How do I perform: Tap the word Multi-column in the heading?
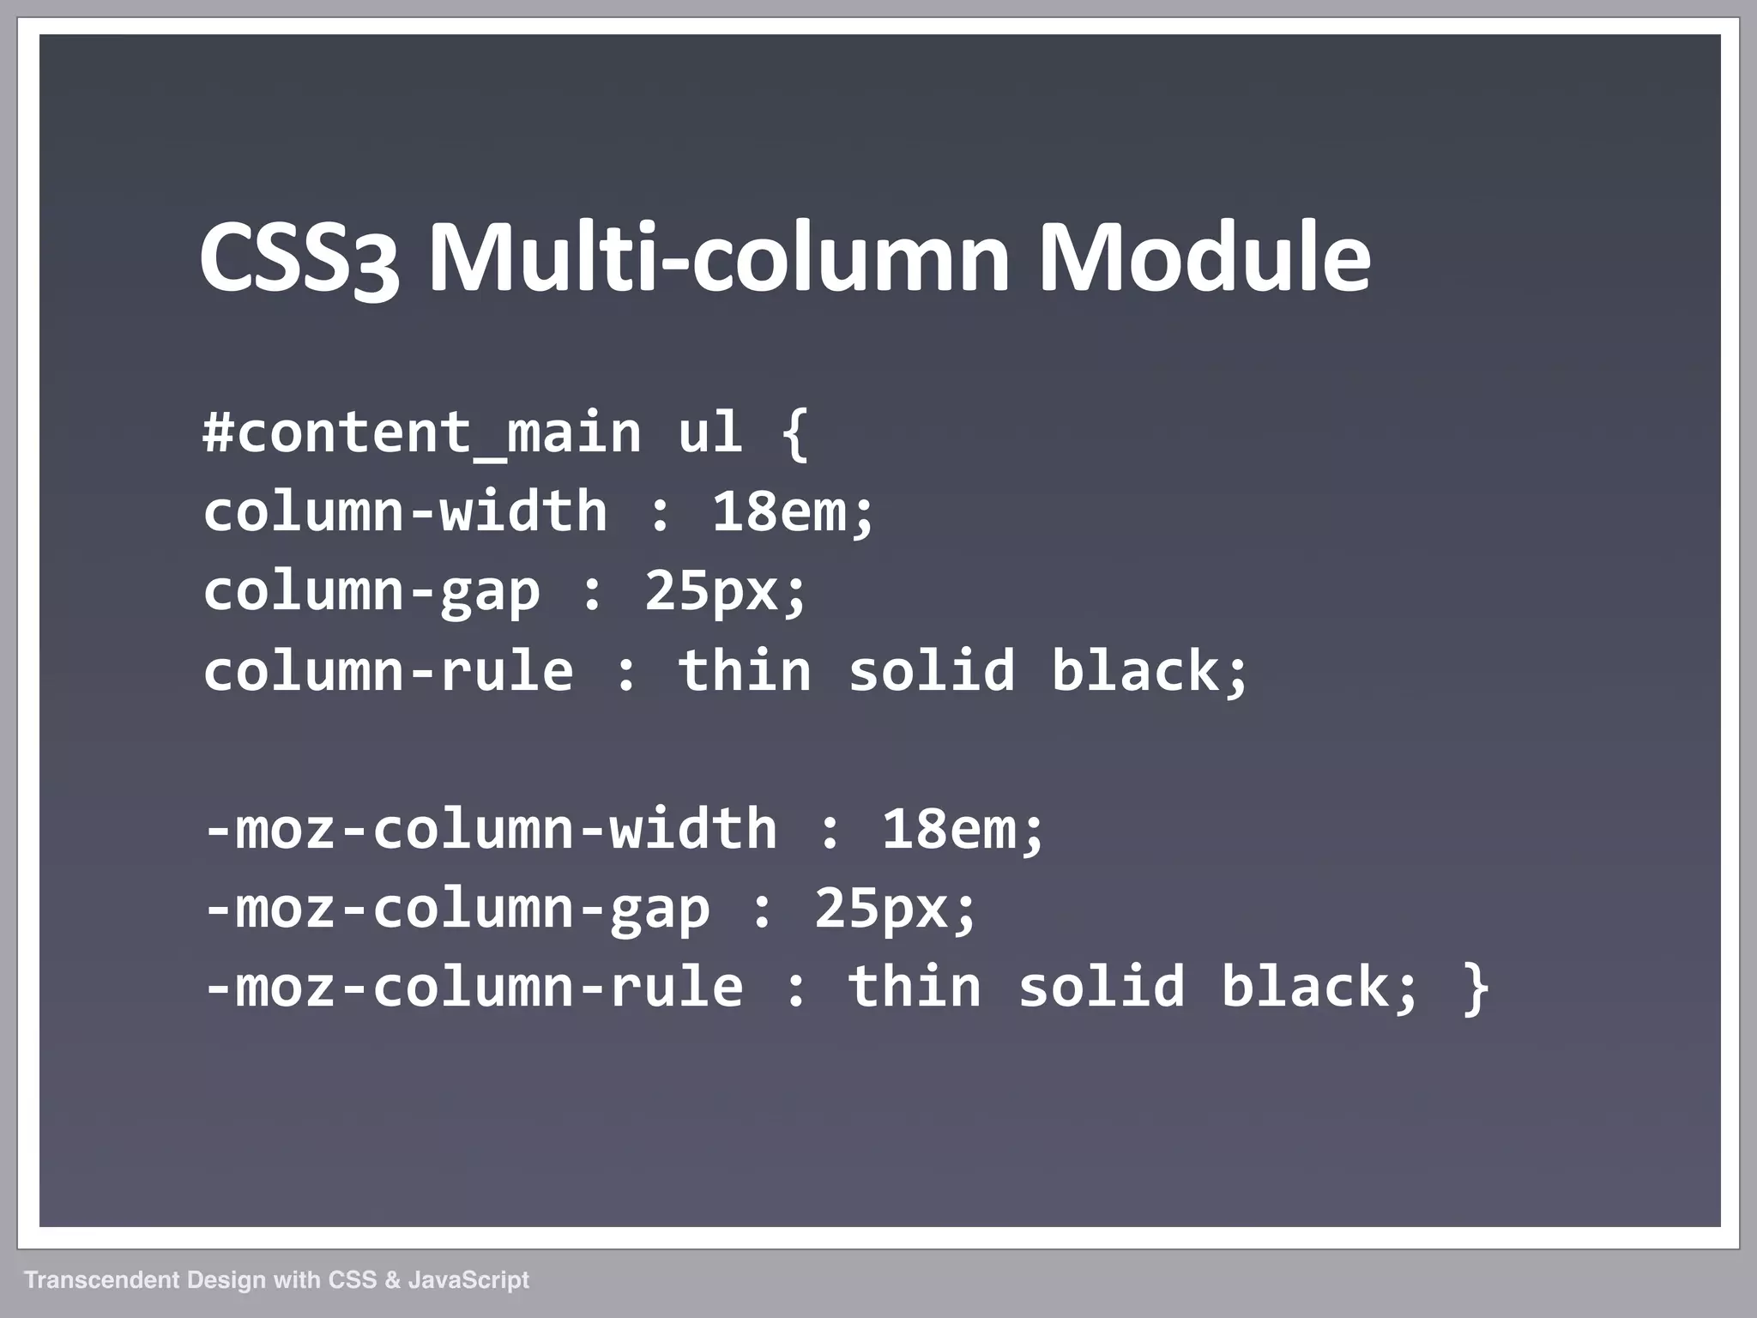click(x=719, y=257)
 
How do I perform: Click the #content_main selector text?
click(x=421, y=432)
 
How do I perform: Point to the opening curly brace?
click(x=795, y=434)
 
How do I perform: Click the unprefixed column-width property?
click(x=405, y=511)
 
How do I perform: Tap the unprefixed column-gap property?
click(x=371, y=592)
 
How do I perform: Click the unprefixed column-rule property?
click(x=388, y=671)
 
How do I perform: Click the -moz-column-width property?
click(x=491, y=830)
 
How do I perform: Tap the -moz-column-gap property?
click(x=457, y=910)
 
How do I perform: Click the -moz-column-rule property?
click(x=474, y=988)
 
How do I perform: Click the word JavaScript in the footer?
click(x=468, y=1280)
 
